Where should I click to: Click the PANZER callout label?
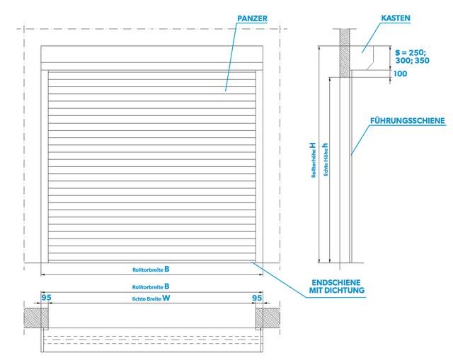click(252, 18)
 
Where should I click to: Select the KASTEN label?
click(396, 18)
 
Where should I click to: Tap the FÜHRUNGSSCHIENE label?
click(408, 121)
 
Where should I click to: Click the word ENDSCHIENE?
click(336, 282)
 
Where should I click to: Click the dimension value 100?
click(400, 74)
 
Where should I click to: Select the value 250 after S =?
click(417, 52)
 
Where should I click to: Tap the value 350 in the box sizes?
click(422, 61)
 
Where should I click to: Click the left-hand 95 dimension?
click(46, 297)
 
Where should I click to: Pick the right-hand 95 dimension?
click(257, 298)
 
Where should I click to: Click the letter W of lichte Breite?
click(166, 298)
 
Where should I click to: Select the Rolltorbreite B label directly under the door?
click(151, 269)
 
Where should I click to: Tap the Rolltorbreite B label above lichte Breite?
click(151, 286)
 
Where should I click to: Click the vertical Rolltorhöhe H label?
click(314, 160)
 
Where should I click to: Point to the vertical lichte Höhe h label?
click(326, 160)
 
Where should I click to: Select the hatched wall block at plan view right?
click(268, 318)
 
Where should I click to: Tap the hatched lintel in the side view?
click(345, 53)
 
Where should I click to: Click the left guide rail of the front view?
click(45, 166)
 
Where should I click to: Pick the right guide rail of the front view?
click(260, 166)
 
